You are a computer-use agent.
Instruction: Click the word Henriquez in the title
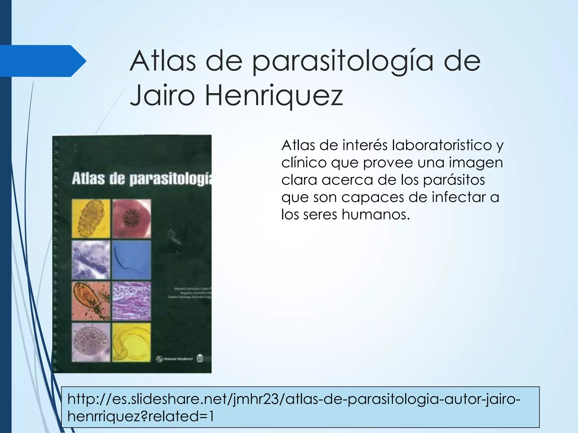tap(274, 96)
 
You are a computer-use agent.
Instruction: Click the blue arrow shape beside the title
tap(42, 61)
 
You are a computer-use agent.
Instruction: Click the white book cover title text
tap(141, 179)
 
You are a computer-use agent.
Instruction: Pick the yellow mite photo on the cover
tap(91, 219)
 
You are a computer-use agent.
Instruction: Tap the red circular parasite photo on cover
tap(132, 219)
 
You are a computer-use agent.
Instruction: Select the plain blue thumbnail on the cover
tap(132, 260)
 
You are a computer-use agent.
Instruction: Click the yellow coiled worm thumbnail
tap(132, 342)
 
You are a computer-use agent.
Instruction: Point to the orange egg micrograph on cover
tap(91, 301)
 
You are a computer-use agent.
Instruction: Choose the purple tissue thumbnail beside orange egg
tap(132, 301)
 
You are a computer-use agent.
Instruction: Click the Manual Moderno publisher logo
tap(175, 359)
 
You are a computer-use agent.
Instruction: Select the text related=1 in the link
tap(181, 416)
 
